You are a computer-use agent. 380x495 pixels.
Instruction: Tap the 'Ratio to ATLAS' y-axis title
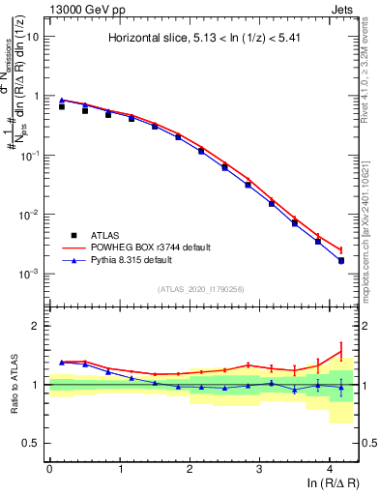12,385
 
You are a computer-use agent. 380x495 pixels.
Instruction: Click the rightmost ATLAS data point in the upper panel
341,261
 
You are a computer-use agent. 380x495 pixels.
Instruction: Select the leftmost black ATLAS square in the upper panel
62,106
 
